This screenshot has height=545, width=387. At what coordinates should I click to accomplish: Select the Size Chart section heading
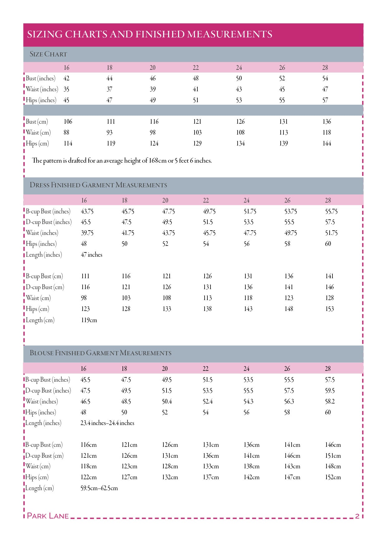[48, 54]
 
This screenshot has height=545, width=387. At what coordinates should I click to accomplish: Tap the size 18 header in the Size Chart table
[109, 68]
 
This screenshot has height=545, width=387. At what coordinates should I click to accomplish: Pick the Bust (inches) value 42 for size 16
[66, 79]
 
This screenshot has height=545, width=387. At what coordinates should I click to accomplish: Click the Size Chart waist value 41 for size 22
[196, 89]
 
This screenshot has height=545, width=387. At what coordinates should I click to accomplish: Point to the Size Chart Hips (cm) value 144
[327, 144]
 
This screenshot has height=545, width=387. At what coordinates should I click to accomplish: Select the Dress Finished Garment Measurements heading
[98, 185]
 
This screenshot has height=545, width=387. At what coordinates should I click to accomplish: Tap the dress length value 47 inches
[91, 255]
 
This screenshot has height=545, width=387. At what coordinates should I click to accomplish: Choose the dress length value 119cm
[89, 320]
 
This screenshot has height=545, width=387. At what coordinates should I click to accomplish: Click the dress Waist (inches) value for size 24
[250, 233]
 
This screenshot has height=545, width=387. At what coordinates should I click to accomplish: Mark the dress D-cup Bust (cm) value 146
[329, 287]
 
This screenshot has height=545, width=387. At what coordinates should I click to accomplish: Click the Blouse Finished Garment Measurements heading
[100, 353]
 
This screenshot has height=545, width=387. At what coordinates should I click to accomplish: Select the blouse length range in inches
[107, 423]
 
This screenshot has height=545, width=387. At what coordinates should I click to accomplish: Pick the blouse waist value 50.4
[167, 402]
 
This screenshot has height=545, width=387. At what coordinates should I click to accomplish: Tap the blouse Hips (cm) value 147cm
[292, 477]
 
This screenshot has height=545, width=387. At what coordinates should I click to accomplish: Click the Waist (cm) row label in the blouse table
[38, 466]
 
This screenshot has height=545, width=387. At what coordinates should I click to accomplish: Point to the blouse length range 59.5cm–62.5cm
[99, 488]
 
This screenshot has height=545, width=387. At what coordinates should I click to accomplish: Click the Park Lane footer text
[48, 516]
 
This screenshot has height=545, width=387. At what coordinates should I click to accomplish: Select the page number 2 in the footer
[357, 516]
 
